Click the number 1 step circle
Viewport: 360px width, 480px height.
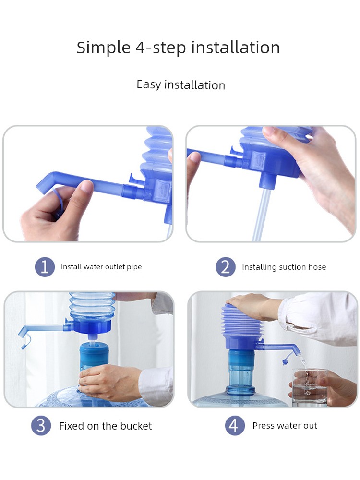pyautogui.click(x=45, y=267)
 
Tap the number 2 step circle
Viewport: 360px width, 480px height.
pyautogui.click(x=225, y=267)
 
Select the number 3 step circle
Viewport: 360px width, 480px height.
pyautogui.click(x=41, y=425)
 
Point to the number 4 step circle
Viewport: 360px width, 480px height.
pyautogui.click(x=235, y=425)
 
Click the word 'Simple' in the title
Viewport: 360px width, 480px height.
pyautogui.click(x=104, y=48)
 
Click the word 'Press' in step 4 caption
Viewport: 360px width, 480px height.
pyautogui.click(x=263, y=425)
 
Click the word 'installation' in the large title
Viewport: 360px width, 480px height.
pyautogui.click(x=235, y=48)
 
